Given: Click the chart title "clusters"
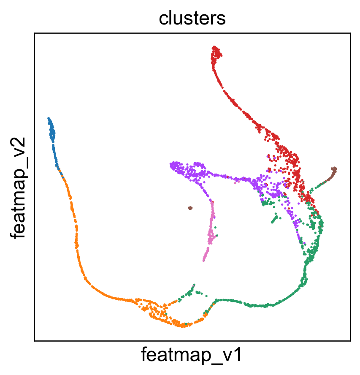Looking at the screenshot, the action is pos(192,19).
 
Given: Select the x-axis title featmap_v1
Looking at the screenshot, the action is pos(192,355).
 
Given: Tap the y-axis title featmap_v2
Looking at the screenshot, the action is pos(18,187).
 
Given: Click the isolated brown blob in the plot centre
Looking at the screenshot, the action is pos(190,208).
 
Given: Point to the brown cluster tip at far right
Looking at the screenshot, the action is pos(335,169).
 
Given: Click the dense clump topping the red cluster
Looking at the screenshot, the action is pos(216,53).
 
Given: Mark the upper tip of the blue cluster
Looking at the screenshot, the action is pos(49,118).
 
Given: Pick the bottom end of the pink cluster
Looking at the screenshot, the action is pos(204,260).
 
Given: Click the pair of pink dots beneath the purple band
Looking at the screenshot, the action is pos(237,182).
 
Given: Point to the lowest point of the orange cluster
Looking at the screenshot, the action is pos(183,326).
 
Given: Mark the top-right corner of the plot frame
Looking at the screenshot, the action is pos(350,33).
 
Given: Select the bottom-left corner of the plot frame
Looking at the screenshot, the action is pos(35,340).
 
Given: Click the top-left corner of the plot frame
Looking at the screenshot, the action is pos(35,33).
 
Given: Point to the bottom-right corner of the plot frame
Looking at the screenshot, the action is pos(350,340).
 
